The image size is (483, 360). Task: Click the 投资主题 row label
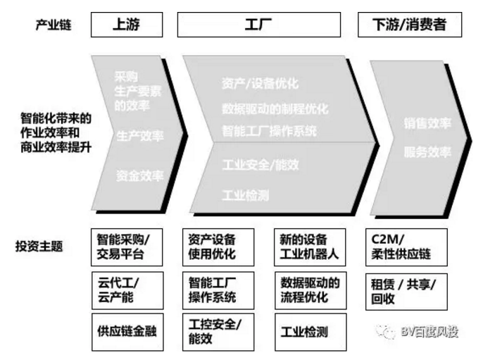click(39, 247)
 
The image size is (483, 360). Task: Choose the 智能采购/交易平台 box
click(127, 246)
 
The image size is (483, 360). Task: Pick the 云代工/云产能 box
click(127, 289)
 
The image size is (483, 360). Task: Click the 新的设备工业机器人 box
click(308, 246)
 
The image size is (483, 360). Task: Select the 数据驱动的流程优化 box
click(308, 289)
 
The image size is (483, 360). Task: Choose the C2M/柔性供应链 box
click(407, 246)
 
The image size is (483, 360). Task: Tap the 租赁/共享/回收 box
click(407, 290)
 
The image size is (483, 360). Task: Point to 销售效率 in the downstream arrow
click(427, 124)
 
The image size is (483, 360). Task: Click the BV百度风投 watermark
click(421, 331)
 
